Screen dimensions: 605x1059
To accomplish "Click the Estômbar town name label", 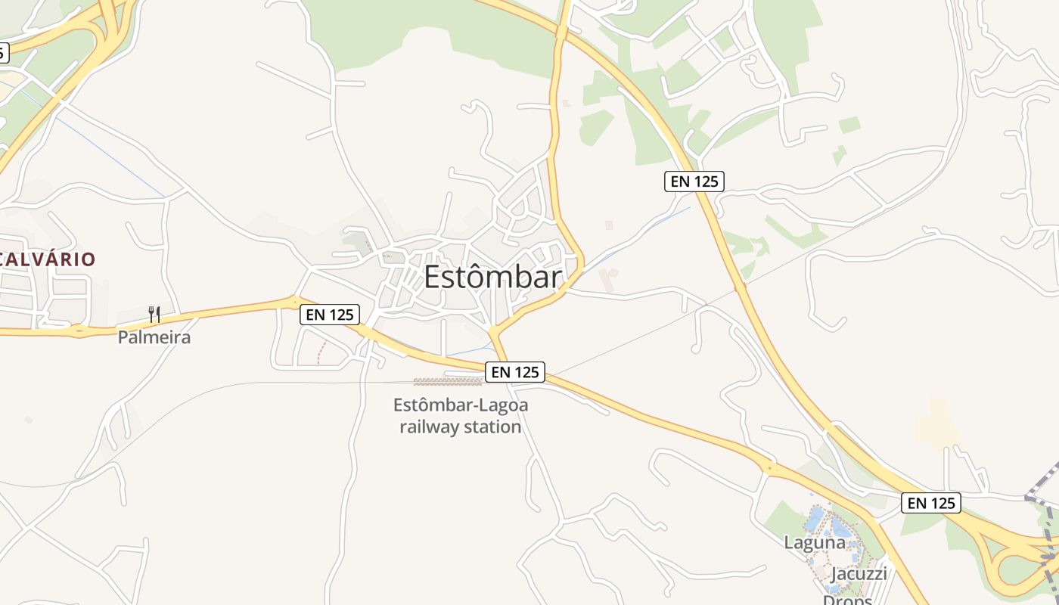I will tap(492, 278).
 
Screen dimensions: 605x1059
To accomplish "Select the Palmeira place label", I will tap(154, 337).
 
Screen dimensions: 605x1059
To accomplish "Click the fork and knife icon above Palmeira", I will tap(154, 314).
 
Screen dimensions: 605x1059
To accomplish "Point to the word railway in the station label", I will tap(429, 427).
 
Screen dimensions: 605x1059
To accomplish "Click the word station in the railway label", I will tap(493, 427).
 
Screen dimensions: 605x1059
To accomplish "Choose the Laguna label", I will tap(814, 542).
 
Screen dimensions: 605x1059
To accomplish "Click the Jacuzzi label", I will tap(859, 573).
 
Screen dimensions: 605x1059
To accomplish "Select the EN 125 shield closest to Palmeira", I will tap(329, 315).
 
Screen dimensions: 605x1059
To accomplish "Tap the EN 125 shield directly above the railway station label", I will tap(515, 372).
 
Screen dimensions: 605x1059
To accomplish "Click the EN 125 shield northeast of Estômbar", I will tap(694, 181).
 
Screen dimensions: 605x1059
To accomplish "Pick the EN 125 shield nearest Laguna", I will tap(930, 503).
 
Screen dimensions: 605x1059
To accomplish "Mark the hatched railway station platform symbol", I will tap(448, 382).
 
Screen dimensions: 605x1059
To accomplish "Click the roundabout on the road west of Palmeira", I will tap(79, 330).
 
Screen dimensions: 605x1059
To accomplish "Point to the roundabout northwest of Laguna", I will tap(770, 468).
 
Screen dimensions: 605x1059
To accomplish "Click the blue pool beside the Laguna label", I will tap(815, 518).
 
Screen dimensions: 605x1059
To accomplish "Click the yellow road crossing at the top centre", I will tap(561, 32).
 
